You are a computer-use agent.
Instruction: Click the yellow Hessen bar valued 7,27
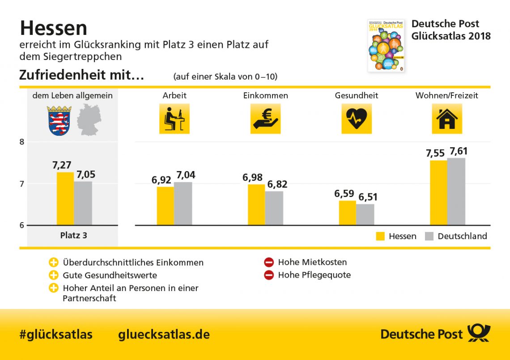65,198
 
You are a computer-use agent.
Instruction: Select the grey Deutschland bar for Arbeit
183,203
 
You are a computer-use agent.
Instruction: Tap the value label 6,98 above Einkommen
252,178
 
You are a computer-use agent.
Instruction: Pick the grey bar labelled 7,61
456,191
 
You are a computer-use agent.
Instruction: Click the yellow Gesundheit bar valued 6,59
347,213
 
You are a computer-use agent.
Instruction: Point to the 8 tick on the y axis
22,142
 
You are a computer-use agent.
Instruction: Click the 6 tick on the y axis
22,225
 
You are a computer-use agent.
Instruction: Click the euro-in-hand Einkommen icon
265,119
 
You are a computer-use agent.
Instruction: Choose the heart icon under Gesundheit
356,119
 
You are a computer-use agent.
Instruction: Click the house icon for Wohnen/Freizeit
446,119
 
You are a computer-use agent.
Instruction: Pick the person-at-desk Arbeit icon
174,119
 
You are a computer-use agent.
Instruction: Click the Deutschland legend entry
462,236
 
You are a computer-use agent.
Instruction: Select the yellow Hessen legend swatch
380,236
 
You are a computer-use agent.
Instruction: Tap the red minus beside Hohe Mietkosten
268,262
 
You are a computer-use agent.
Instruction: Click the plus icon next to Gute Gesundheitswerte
54,275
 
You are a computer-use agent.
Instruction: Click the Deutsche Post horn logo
479,333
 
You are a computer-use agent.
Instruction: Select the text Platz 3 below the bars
73,235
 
